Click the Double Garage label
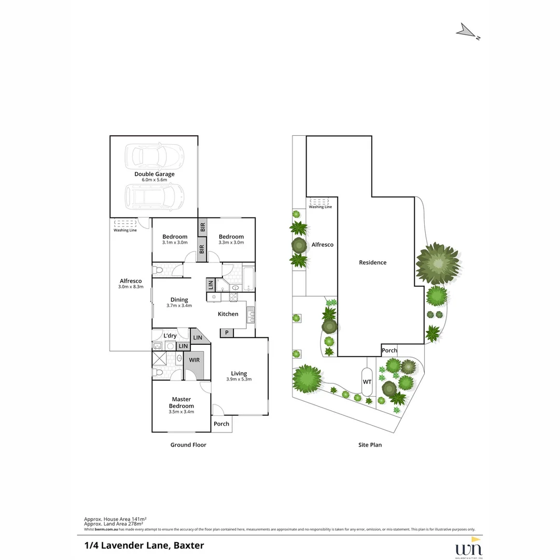[x=154, y=174]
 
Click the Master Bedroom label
[x=181, y=402]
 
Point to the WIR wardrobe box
[x=194, y=359]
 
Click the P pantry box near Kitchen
[x=227, y=333]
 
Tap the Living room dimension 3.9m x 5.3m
[x=239, y=379]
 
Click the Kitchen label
[x=228, y=314]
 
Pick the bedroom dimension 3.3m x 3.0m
[x=231, y=242]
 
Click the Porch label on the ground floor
[x=221, y=424]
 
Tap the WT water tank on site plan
[x=367, y=382]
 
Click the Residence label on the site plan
[x=373, y=262]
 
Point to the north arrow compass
[x=467, y=32]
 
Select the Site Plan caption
[x=370, y=445]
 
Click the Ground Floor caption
[x=188, y=445]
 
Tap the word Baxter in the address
[x=189, y=545]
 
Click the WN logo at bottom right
[x=469, y=548]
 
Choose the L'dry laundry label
[x=170, y=335]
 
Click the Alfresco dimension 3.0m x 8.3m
[x=130, y=287]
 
